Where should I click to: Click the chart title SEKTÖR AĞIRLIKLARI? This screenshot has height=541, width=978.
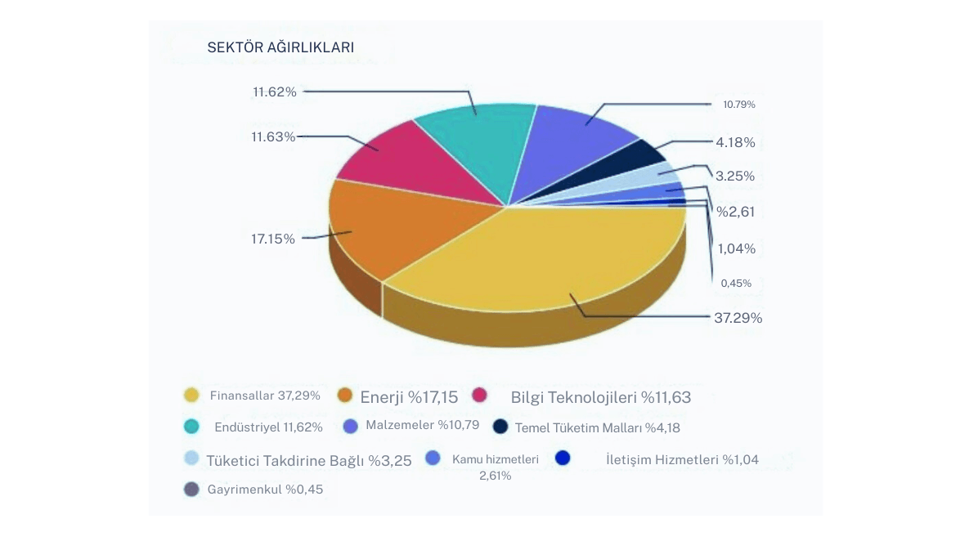(280, 48)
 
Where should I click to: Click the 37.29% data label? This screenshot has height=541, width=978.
(738, 318)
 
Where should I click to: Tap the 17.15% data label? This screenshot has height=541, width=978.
(273, 239)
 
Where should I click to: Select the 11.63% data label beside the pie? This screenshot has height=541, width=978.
(273, 136)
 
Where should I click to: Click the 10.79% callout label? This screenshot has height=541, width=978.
(738, 105)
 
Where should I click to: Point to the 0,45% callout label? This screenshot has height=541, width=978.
(736, 284)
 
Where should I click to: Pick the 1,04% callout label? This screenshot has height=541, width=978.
(736, 248)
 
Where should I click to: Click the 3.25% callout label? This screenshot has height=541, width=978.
(734, 176)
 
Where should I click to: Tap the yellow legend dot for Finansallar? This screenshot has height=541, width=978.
(192, 396)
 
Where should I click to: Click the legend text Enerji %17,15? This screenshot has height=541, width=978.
(410, 397)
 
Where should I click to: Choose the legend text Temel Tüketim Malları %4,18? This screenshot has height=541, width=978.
(597, 427)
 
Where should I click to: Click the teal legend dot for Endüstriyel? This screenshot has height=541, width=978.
(192, 427)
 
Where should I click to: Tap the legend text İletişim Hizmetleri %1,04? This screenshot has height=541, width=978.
(682, 459)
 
